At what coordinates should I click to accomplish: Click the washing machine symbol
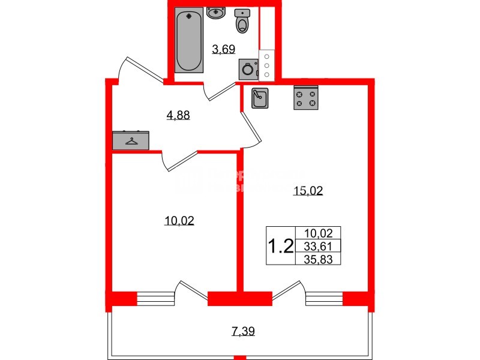248,69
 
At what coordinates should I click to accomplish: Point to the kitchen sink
260,98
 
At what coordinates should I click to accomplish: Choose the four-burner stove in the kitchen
305,98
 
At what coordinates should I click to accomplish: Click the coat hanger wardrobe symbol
130,140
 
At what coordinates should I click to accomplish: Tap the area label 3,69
223,49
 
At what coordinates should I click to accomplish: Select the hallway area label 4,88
178,115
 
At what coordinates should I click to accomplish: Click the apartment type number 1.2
280,246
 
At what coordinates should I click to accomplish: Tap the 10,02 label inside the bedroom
179,220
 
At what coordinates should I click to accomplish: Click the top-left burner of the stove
299,92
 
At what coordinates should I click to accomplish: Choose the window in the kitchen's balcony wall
324,298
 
